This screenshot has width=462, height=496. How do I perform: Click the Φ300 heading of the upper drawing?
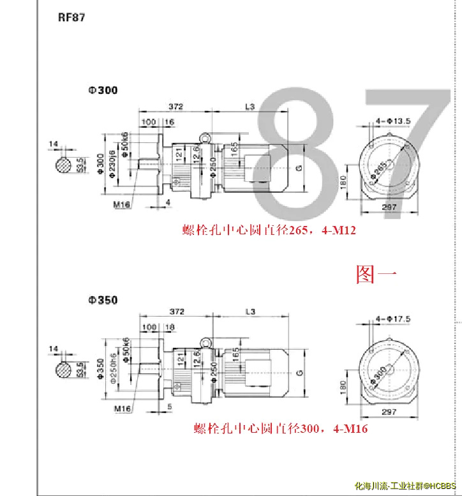coord(103,91)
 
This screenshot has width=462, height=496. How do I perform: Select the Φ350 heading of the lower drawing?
coord(103,300)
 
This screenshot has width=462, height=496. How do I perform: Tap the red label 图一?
coord(376,274)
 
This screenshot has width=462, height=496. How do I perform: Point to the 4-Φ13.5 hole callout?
coord(393,120)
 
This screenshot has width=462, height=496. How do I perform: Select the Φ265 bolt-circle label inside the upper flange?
coord(382,168)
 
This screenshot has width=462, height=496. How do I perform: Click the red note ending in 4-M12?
coord(269,230)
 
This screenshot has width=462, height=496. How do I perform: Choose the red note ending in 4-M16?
coord(281,429)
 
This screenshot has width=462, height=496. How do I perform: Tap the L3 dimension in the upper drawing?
coord(250,106)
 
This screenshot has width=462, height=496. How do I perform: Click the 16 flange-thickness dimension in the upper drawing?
coord(169,122)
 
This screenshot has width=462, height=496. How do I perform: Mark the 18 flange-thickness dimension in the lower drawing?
coord(169,327)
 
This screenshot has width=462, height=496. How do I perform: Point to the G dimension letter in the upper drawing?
coord(299,168)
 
